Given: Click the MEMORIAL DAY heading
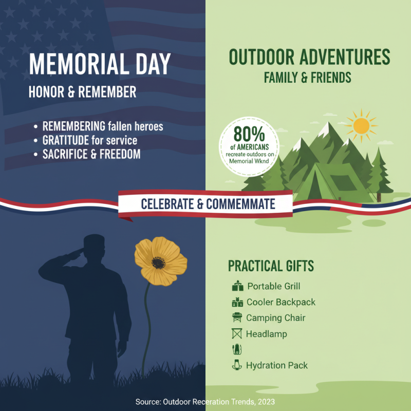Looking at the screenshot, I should pyautogui.click(x=100, y=65).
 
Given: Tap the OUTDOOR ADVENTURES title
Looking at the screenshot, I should pyautogui.click(x=309, y=58).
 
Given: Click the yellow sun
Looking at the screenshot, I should pyautogui.click(x=362, y=125).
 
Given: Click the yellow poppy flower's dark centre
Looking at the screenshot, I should pyautogui.click(x=158, y=263).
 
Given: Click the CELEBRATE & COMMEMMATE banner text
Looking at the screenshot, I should pyautogui.click(x=208, y=204).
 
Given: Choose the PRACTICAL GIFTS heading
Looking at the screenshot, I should pyautogui.click(x=271, y=266).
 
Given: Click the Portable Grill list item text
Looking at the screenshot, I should pyautogui.click(x=273, y=286).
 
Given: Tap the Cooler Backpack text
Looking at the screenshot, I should pyautogui.click(x=281, y=302).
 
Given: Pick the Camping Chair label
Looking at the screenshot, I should pyautogui.click(x=275, y=318).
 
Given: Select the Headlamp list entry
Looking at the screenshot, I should pyautogui.click(x=266, y=334).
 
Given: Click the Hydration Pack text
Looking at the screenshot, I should pyautogui.click(x=277, y=365).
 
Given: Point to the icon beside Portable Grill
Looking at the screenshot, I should pyautogui.click(x=237, y=286).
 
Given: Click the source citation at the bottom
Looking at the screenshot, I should pyautogui.click(x=206, y=401).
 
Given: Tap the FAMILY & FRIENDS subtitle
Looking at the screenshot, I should pyautogui.click(x=307, y=78).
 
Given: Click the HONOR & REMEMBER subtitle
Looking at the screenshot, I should pyautogui.click(x=83, y=92).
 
